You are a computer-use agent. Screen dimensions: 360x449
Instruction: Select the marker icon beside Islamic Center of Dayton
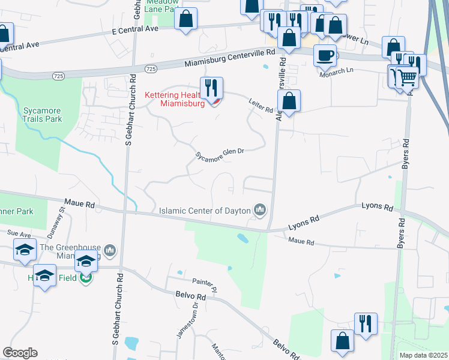[x=260, y=209]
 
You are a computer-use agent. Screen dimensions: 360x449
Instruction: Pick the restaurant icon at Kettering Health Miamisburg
[x=211, y=88]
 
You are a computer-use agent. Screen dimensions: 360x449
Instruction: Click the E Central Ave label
[x=134, y=28]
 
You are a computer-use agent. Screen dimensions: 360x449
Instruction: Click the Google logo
[x=20, y=353]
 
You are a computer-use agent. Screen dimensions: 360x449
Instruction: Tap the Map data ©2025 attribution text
[x=424, y=355]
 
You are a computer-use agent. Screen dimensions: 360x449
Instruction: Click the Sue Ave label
[x=19, y=233]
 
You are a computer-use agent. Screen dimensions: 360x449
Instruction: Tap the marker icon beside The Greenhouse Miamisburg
[x=109, y=249]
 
